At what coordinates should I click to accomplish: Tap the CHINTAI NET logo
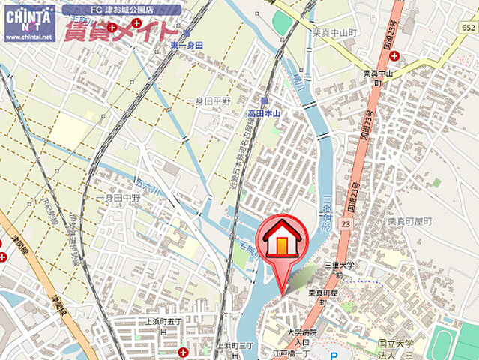29,22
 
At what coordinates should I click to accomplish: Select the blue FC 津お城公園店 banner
121,10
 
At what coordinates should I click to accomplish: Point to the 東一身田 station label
186,46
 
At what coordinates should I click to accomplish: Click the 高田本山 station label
264,113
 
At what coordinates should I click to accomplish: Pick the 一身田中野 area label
121,198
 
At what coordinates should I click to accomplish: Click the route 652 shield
469,28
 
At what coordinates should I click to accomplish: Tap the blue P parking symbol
334,355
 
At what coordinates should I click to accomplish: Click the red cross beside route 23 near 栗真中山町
394,55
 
